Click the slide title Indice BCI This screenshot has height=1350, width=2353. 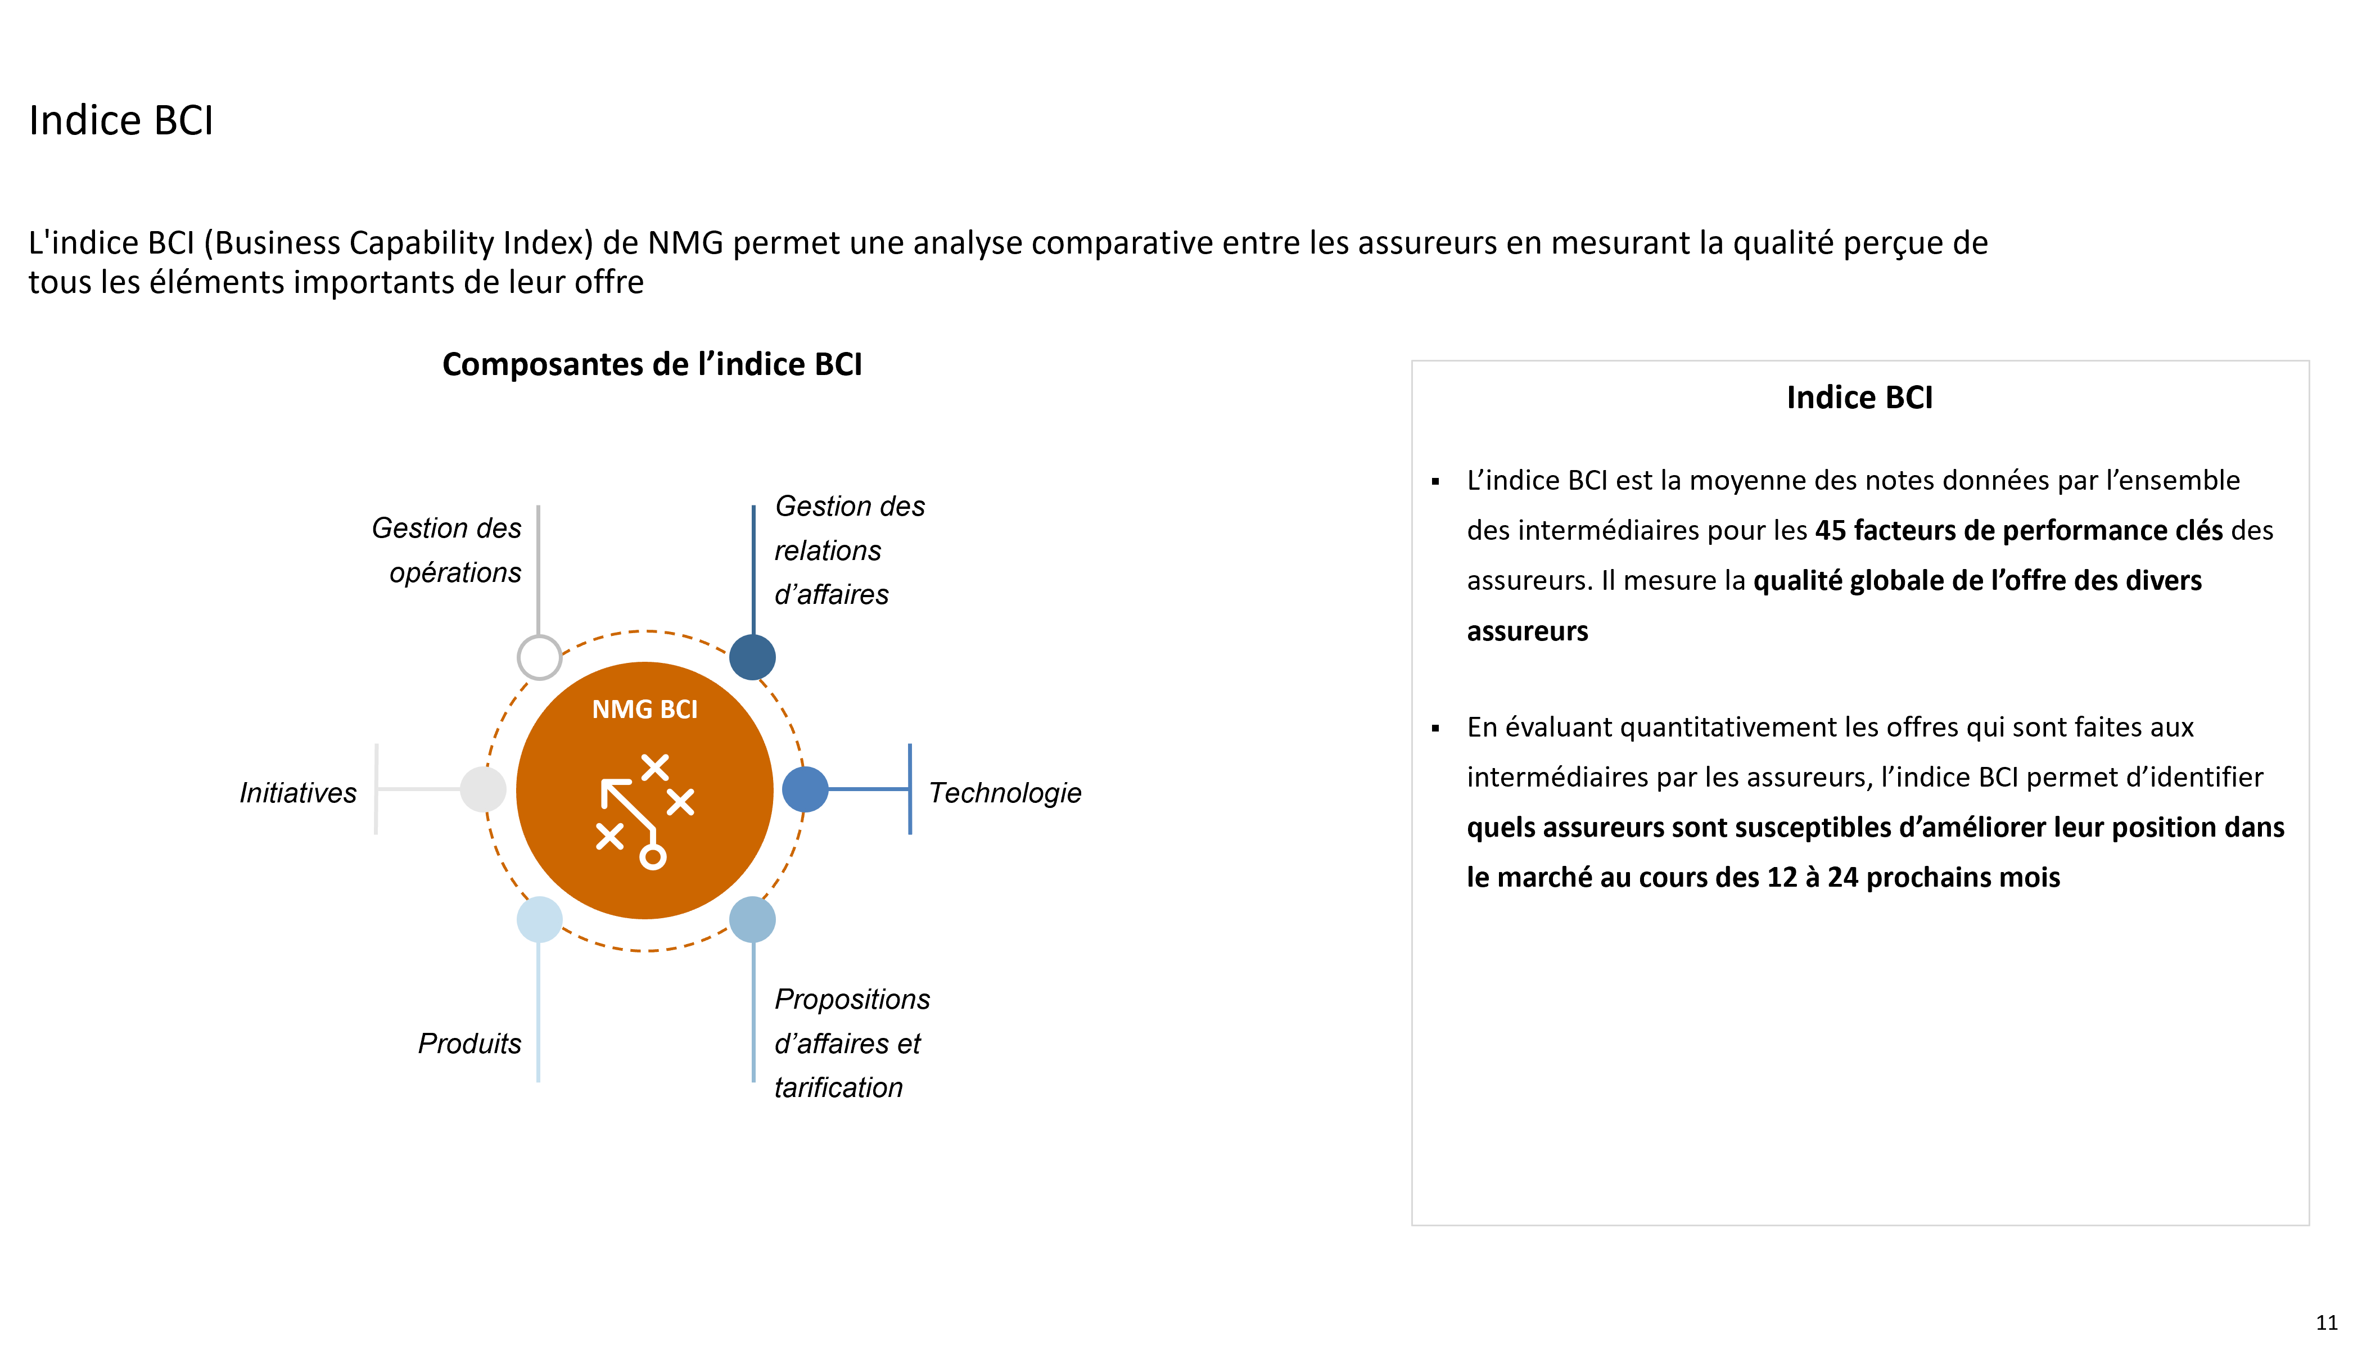121,120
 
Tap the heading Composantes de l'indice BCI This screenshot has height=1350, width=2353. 652,364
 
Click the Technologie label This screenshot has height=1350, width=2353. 1005,793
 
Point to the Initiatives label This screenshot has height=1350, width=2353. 297,793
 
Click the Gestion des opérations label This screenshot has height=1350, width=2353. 447,550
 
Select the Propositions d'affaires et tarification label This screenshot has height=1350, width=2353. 852,1043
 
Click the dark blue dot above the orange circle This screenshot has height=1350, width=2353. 753,657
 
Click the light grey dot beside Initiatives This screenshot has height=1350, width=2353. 483,789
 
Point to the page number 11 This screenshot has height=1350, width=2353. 2326,1323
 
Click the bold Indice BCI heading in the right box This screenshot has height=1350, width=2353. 1860,398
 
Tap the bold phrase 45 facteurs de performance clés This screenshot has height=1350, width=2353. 2019,530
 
